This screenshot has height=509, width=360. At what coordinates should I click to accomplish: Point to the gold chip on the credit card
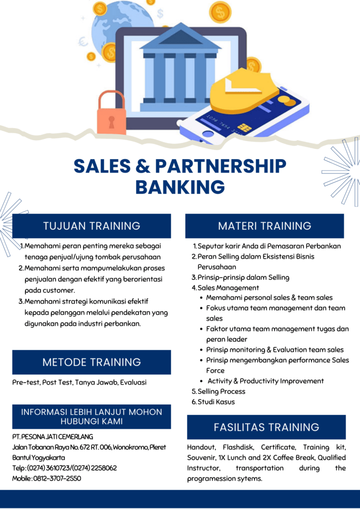(x=245, y=128)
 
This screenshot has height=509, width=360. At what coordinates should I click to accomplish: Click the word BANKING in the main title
(x=180, y=187)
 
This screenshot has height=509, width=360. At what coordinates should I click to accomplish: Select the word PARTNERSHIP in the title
(x=221, y=166)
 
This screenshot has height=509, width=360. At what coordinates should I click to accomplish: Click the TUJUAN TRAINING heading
(x=91, y=226)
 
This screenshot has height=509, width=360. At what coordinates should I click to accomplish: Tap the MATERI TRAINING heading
(x=265, y=226)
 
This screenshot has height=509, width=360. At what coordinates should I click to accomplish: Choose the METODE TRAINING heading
(x=91, y=362)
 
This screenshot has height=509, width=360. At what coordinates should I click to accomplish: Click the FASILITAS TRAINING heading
(x=266, y=427)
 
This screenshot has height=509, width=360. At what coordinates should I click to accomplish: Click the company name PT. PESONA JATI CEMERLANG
(x=53, y=437)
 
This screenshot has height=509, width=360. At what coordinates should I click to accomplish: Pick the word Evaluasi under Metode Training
(x=133, y=382)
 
